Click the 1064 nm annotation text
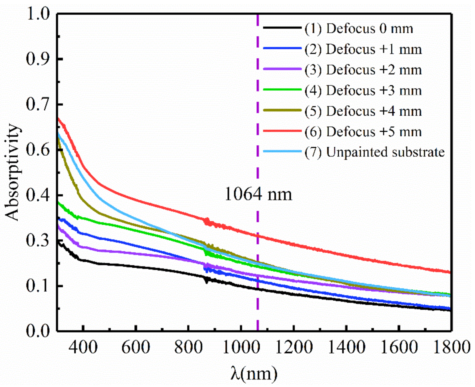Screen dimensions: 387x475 [x=258, y=194]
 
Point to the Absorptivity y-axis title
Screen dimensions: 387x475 [x=13, y=172]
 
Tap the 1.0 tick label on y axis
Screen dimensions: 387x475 [x=38, y=14]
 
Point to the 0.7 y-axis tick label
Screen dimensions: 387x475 [x=38, y=104]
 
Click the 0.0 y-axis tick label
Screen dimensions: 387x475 [x=38, y=331]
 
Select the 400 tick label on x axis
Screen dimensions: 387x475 [x=83, y=347]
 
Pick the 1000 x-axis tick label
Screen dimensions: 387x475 [x=241, y=347]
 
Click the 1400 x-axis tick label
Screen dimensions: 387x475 [x=346, y=347]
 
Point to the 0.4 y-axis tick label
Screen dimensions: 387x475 [x=38, y=195]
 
